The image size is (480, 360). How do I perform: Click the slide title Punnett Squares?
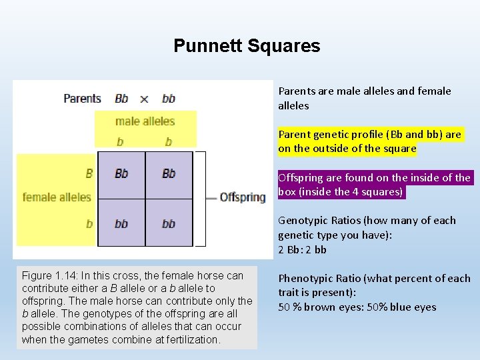(x=247, y=46)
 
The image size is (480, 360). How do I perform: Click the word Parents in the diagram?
(x=82, y=98)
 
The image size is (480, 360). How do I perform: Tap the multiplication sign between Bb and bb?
(x=144, y=99)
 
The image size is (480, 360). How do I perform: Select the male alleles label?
(x=145, y=121)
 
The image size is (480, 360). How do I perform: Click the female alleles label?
(x=56, y=197)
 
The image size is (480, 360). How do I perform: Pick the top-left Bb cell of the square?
(x=121, y=173)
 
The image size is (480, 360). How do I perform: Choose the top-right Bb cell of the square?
(x=169, y=173)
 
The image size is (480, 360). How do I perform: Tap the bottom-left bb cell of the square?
(x=121, y=223)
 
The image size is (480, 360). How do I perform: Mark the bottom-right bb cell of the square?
(x=169, y=223)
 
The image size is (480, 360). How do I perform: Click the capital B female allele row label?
(x=89, y=173)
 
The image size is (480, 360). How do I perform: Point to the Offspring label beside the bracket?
(x=243, y=197)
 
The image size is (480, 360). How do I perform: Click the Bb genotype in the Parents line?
(x=121, y=99)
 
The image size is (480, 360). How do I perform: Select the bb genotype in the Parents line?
(x=169, y=99)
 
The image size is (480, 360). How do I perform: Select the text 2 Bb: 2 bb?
(x=302, y=249)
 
